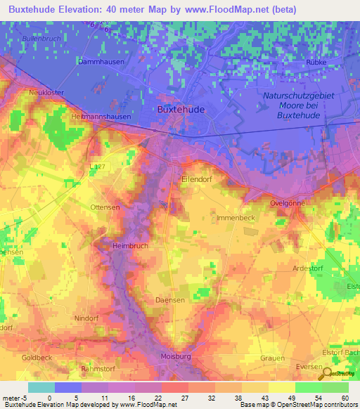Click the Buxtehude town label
pyautogui.click(x=179, y=110)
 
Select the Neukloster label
pyautogui.click(x=46, y=93)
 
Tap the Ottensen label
pyautogui.click(x=105, y=207)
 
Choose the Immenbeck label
pyautogui.click(x=236, y=219)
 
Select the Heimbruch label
pyautogui.click(x=129, y=246)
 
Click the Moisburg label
pyautogui.click(x=176, y=357)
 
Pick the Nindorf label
pyautogui.click(x=86, y=317)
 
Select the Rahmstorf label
pyautogui.click(x=97, y=369)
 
